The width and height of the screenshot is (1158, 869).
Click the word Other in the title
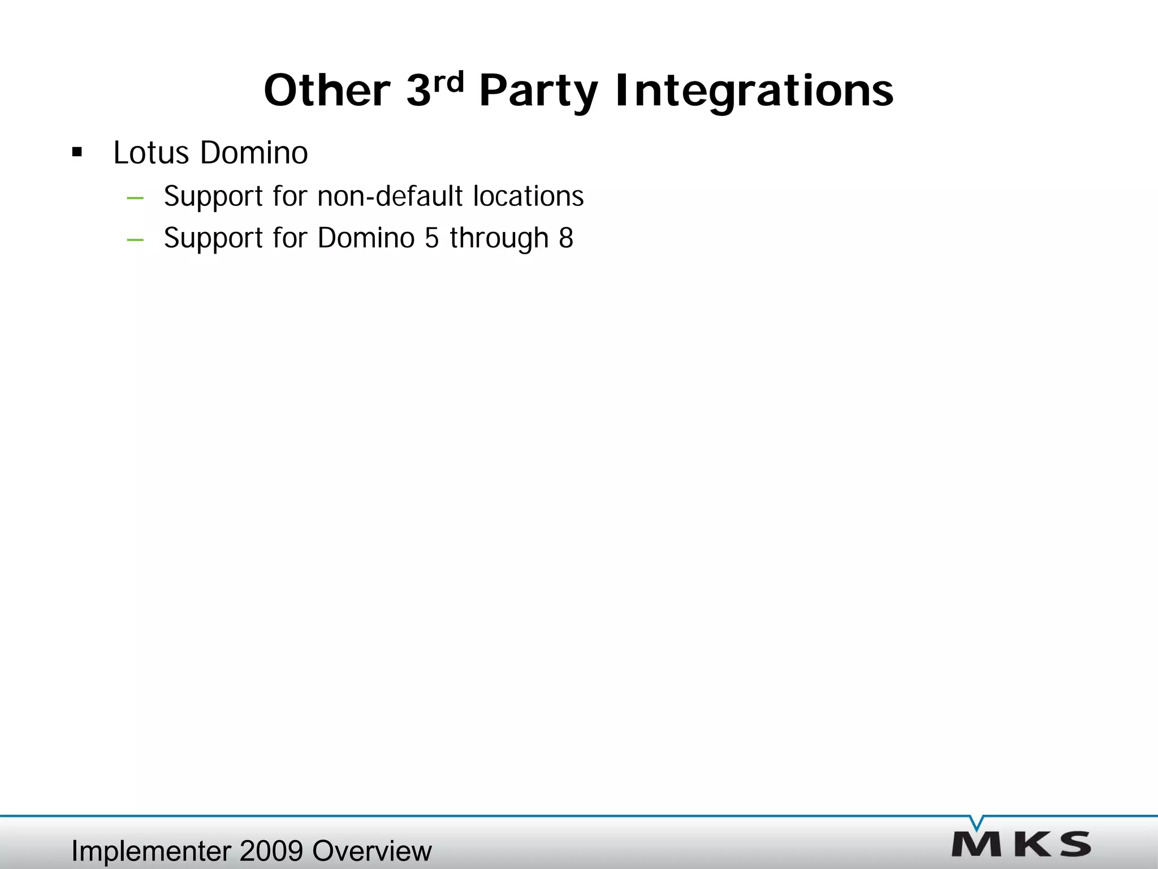[327, 91]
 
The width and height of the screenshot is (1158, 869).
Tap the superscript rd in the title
[448, 83]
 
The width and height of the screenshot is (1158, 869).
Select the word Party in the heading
[538, 92]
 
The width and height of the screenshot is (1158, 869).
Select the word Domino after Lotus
[254, 153]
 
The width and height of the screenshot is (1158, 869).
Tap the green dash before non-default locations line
[135, 198]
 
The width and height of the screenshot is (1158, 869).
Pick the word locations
[528, 196]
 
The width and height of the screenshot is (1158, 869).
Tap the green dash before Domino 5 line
[135, 240]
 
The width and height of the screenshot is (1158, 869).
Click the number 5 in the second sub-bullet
[431, 238]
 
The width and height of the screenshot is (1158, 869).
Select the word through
[499, 238]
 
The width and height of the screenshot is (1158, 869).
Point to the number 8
[566, 238]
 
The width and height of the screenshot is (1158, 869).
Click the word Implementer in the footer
[151, 851]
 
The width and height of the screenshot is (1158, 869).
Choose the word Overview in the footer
[371, 851]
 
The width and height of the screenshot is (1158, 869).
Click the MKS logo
[1021, 844]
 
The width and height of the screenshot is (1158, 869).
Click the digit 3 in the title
[418, 91]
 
